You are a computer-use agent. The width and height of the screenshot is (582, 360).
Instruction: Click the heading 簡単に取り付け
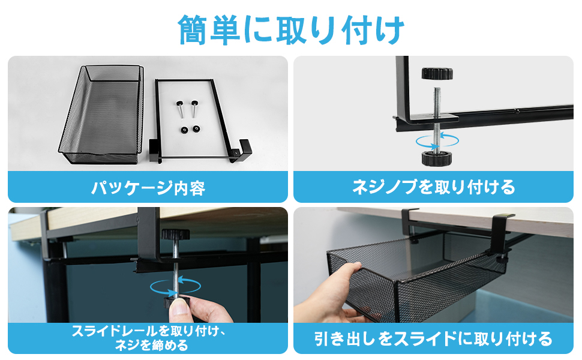click(291, 28)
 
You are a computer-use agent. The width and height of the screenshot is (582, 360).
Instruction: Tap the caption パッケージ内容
click(148, 188)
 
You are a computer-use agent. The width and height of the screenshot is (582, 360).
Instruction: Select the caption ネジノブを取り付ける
click(433, 187)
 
